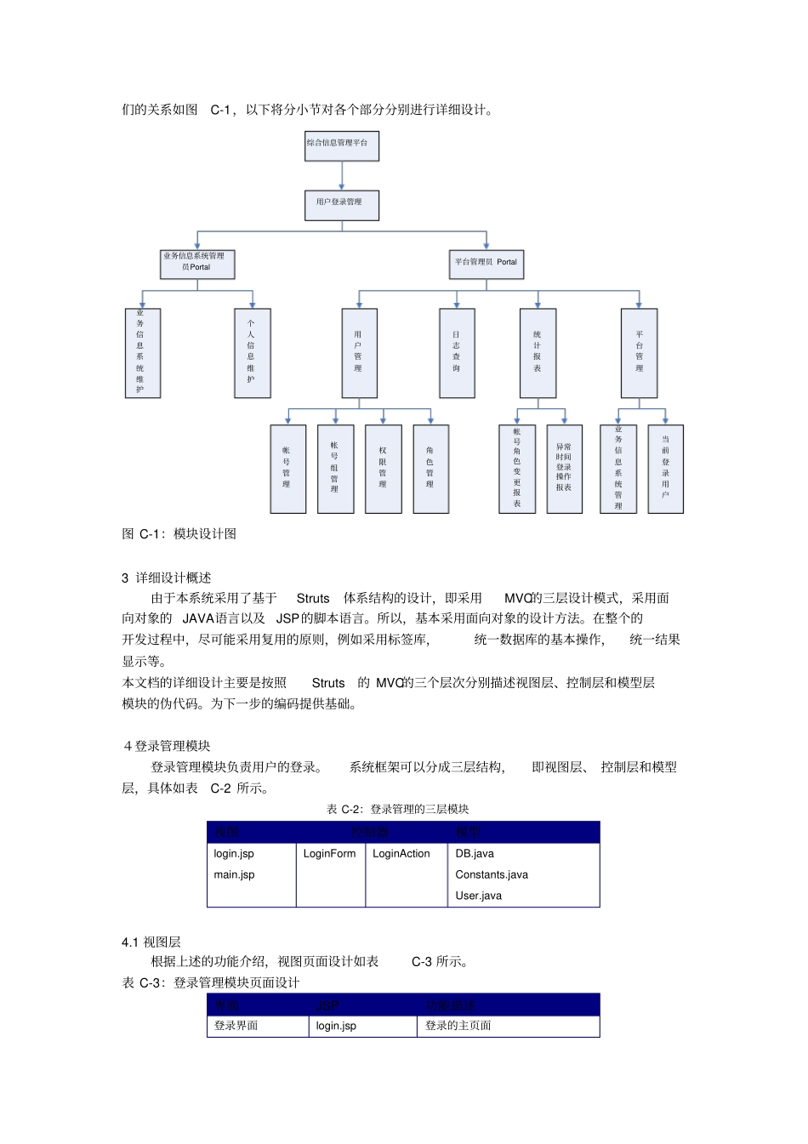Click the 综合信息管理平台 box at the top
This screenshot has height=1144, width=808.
(x=341, y=145)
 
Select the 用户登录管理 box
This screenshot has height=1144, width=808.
(x=341, y=205)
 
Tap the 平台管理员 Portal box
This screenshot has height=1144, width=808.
(x=486, y=264)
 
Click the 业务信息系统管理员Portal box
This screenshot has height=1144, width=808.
(x=197, y=264)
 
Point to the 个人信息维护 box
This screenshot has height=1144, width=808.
(x=252, y=353)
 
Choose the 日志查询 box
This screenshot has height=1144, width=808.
(x=457, y=353)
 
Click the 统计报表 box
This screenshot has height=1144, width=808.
(x=538, y=353)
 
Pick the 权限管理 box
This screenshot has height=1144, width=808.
(x=383, y=469)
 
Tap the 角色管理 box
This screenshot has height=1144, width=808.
(x=430, y=469)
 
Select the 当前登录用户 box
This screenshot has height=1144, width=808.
(x=665, y=469)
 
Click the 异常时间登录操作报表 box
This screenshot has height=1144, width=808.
(x=564, y=469)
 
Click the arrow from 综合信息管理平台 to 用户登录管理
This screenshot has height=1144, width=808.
(x=341, y=175)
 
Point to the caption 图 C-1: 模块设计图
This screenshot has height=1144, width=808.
(x=179, y=534)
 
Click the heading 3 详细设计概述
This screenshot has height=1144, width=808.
(x=167, y=578)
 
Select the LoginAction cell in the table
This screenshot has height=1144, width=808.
(x=401, y=854)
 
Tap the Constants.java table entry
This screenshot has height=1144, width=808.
(x=492, y=874)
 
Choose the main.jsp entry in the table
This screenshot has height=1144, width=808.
(x=235, y=874)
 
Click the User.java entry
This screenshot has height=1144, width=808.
(x=479, y=896)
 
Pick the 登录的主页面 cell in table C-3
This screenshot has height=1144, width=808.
(x=458, y=1026)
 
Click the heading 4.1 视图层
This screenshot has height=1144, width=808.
(x=151, y=942)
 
